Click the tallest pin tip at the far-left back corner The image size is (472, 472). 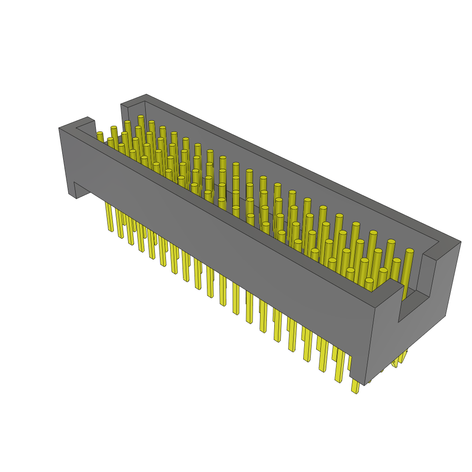click(x=141, y=118)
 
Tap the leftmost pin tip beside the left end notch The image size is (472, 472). click(x=100, y=134)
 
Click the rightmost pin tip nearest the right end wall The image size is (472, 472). click(x=409, y=251)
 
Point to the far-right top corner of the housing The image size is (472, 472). click(x=460, y=241)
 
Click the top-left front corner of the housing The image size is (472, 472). click(x=59, y=128)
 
